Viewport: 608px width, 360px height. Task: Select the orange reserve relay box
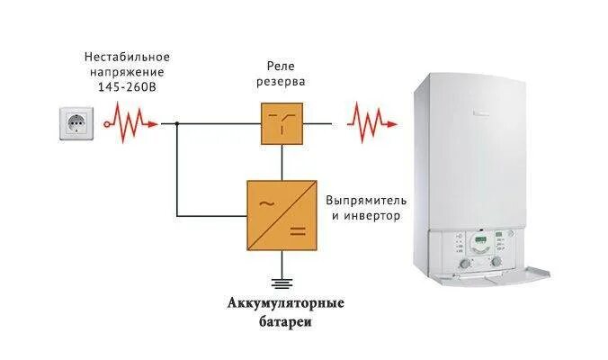pyautogui.click(x=282, y=123)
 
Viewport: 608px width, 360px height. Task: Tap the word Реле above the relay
pyautogui.click(x=282, y=67)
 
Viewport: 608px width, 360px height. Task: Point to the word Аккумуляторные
pyautogui.click(x=283, y=302)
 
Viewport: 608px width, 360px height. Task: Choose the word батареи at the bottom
pyautogui.click(x=283, y=320)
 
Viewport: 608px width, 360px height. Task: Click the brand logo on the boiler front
pyautogui.click(x=478, y=109)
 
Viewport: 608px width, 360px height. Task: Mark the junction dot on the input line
pyautogui.click(x=177, y=123)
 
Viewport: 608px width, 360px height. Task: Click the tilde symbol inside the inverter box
pyautogui.click(x=268, y=202)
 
